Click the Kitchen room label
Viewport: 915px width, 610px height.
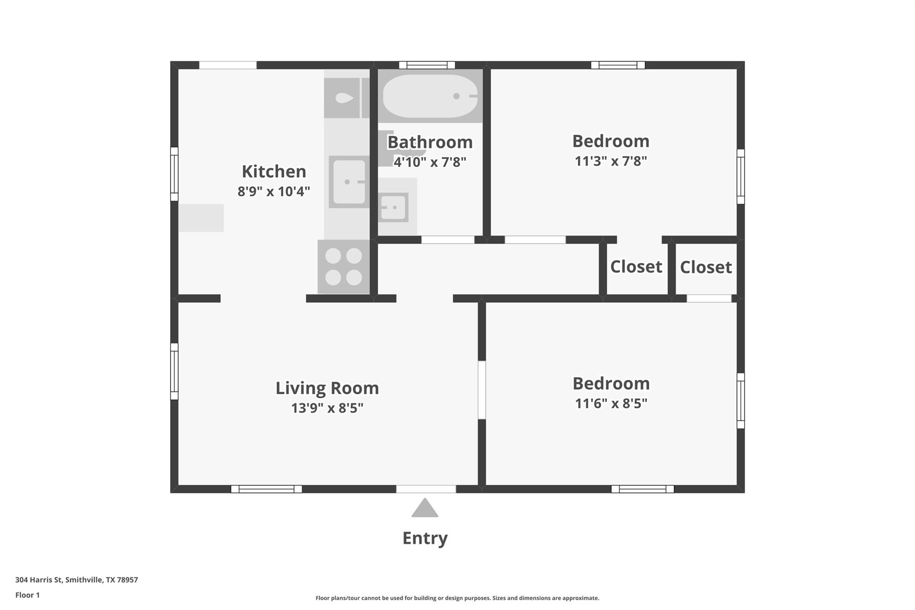click(273, 172)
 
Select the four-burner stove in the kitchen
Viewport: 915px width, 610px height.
click(344, 267)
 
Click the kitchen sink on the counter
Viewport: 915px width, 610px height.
click(349, 182)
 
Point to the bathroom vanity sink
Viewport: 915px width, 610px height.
click(394, 207)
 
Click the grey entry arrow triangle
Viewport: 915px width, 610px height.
click(424, 509)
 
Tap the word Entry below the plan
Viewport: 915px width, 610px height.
click(424, 538)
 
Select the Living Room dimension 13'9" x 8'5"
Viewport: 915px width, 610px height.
click(327, 408)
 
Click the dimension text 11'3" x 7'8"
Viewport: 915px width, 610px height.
click(610, 161)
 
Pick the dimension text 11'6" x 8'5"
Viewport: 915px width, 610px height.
click(610, 404)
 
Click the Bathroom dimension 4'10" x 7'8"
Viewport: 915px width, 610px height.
click(429, 162)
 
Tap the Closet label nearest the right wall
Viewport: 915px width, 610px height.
click(705, 267)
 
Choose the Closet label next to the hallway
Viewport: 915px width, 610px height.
click(636, 267)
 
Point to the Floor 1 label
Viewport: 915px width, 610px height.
click(27, 595)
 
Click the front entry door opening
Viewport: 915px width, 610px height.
click(426, 489)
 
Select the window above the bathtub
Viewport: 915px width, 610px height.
click(427, 65)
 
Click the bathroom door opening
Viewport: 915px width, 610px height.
click(448, 240)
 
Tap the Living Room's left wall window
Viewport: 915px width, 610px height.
click(174, 371)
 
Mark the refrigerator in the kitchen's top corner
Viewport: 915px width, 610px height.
click(342, 98)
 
